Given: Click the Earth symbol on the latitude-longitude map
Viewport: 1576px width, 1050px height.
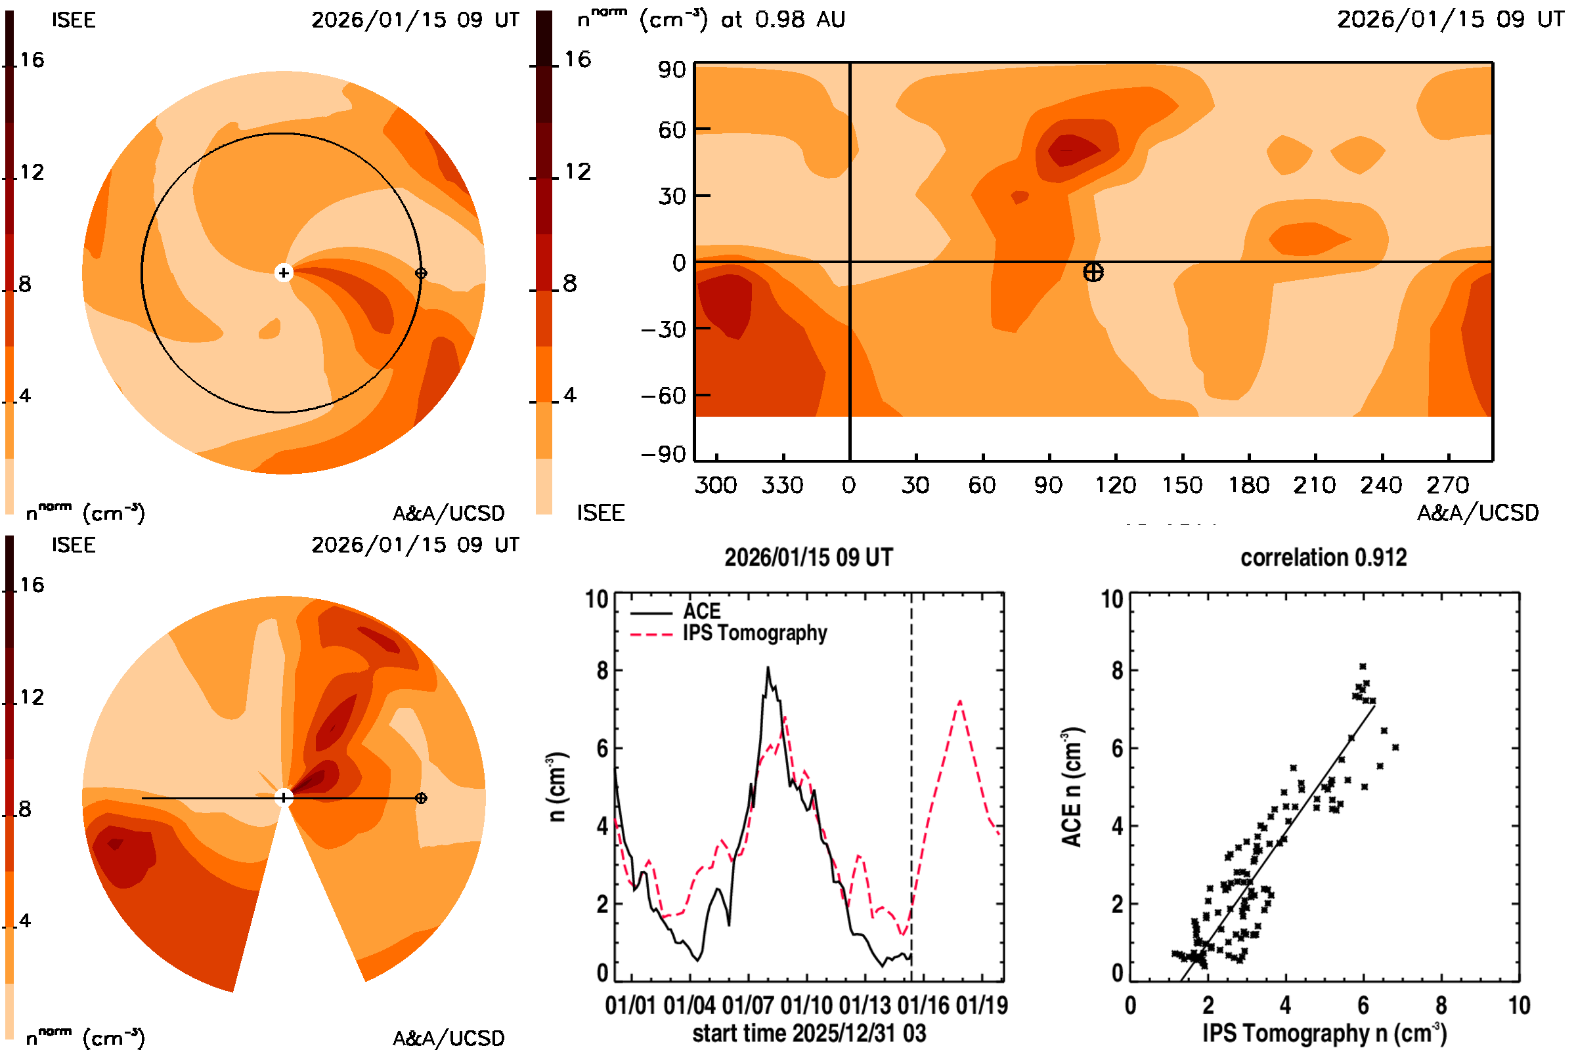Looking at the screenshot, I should tap(1093, 272).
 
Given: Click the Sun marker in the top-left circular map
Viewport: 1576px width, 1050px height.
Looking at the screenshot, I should tap(284, 272).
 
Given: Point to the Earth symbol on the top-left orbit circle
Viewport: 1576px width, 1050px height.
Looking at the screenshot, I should tap(421, 273).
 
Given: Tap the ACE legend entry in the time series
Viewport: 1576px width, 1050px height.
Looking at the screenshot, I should tap(701, 612).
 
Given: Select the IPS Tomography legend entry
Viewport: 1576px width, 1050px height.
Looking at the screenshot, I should tap(754, 633).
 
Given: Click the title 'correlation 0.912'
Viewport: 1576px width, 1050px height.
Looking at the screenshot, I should tap(1323, 558).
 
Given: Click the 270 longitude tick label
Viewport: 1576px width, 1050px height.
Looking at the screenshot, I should tap(1447, 485).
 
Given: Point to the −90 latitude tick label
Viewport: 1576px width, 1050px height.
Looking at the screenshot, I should tap(663, 455).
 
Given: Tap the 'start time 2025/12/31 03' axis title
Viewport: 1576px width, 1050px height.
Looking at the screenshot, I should tap(809, 1033).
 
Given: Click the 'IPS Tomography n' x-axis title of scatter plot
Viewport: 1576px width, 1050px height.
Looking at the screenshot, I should tap(1324, 1033).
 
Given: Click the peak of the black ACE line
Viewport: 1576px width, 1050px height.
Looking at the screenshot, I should tap(768, 667).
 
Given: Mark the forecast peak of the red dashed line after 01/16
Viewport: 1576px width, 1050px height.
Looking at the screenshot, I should tap(960, 701).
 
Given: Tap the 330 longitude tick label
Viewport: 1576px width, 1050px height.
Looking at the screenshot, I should tap(782, 485).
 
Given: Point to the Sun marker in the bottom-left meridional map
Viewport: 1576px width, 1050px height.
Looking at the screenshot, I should tap(284, 797).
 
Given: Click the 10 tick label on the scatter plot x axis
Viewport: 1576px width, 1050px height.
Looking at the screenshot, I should tap(1519, 1005).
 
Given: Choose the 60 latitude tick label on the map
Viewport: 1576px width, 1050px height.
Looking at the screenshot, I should tap(672, 129).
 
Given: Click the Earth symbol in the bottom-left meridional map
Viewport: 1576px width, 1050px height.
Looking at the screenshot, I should tap(421, 798).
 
